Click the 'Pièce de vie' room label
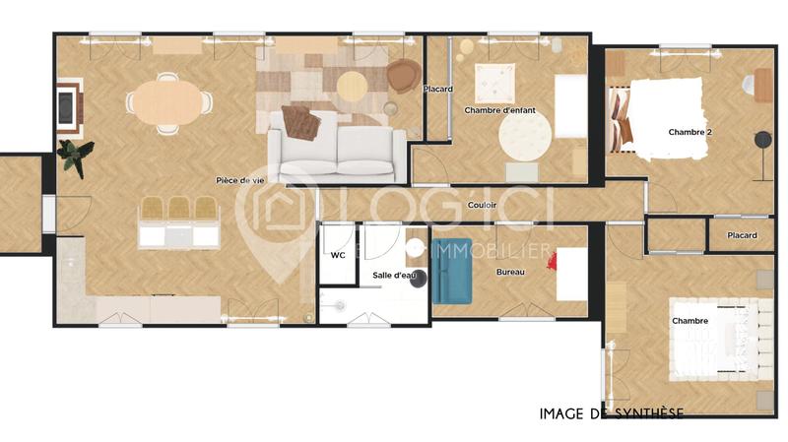click(x=240, y=180)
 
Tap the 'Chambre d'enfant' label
click(x=499, y=110)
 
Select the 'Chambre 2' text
click(x=689, y=131)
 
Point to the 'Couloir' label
click(x=482, y=205)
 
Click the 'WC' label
click(x=338, y=255)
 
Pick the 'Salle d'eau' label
click(x=391, y=276)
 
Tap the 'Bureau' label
click(x=510, y=271)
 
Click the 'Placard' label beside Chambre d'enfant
click(x=437, y=90)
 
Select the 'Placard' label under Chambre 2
click(x=742, y=235)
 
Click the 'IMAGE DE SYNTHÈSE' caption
click(x=611, y=413)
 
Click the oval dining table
click(x=167, y=101)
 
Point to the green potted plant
click(x=74, y=156)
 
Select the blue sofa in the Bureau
click(x=452, y=271)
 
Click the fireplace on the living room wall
click(x=69, y=107)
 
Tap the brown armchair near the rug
click(x=402, y=76)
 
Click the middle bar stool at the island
click(x=178, y=209)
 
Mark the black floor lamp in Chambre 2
click(x=761, y=141)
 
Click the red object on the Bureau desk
click(x=554, y=261)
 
